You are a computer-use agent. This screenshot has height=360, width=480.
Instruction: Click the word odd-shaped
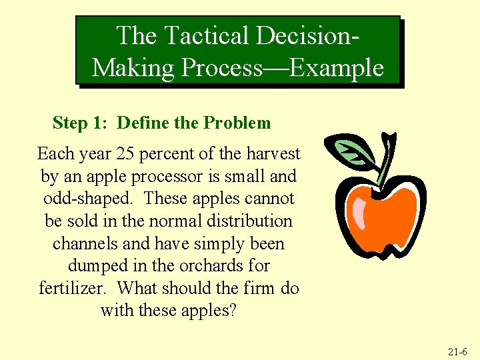(x=89, y=199)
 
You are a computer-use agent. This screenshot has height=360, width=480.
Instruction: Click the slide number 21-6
(x=459, y=351)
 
